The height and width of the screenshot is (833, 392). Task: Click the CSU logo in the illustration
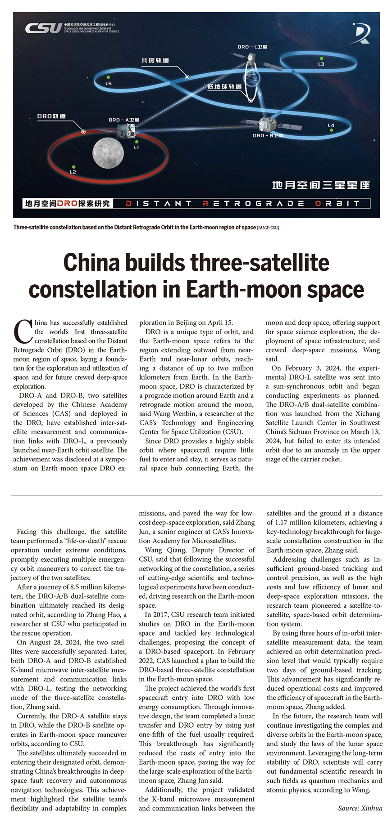(44, 28)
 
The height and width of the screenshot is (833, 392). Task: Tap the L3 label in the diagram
(321, 64)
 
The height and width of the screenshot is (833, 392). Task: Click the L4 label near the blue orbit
(331, 125)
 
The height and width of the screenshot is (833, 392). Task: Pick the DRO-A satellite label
(124, 120)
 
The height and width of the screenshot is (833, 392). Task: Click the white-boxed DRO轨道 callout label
(51, 116)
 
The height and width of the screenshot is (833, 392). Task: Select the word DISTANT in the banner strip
(159, 203)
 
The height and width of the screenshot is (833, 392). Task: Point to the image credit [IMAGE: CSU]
(268, 228)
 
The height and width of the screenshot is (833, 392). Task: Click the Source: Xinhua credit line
(360, 808)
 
